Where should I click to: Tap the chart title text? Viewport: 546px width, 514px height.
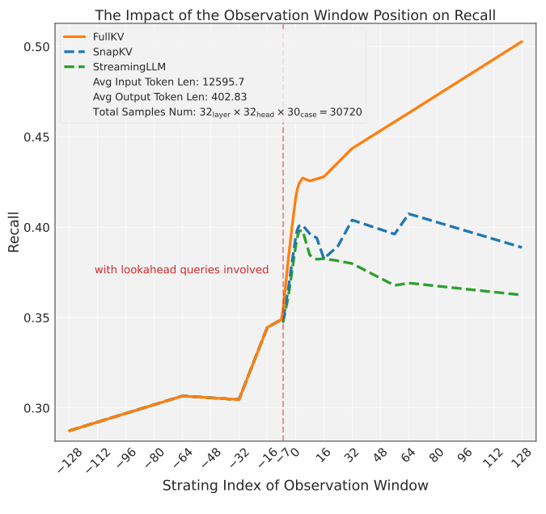[295, 15]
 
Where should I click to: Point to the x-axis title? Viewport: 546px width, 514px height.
[294, 486]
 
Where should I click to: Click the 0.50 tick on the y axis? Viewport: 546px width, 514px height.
[36, 47]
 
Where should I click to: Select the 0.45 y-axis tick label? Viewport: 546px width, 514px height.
[36, 137]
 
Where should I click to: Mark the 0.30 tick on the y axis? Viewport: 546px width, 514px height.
[36, 408]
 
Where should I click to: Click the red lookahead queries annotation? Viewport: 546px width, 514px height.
[181, 270]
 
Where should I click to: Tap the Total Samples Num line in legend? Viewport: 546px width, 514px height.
[228, 112]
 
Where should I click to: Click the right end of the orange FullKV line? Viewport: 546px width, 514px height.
[522, 41]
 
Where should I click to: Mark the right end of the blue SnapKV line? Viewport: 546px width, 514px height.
[522, 247]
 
